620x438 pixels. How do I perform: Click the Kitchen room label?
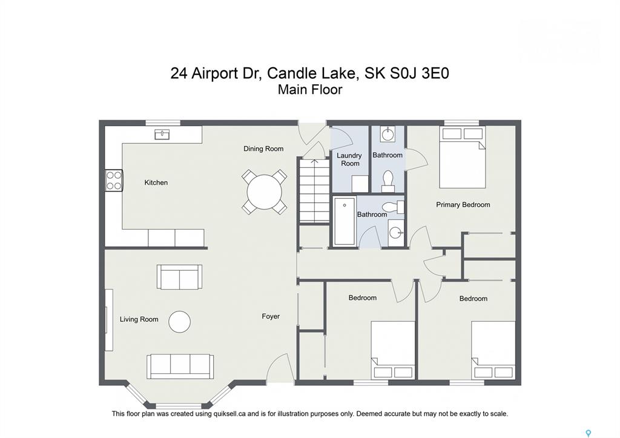coord(156,182)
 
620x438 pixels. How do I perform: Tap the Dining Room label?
coord(263,149)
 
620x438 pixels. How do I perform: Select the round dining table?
coord(264,192)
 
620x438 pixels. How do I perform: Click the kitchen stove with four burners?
coord(114,181)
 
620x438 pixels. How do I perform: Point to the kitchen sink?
coord(162,134)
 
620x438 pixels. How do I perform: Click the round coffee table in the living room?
coord(179,322)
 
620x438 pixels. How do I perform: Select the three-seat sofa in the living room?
coord(180,367)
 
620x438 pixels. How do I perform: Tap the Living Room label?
coord(139,319)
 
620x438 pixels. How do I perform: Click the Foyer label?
coord(271,316)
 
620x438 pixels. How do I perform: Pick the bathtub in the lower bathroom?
coord(345,222)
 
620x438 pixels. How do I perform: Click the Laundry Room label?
coord(349,159)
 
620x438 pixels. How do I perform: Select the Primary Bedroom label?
coord(463,205)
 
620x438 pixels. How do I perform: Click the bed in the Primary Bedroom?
coord(462,157)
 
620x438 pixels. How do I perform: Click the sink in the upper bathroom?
coord(387,134)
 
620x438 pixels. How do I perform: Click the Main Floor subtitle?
coord(310,90)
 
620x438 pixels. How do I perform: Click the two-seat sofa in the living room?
coord(179,277)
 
